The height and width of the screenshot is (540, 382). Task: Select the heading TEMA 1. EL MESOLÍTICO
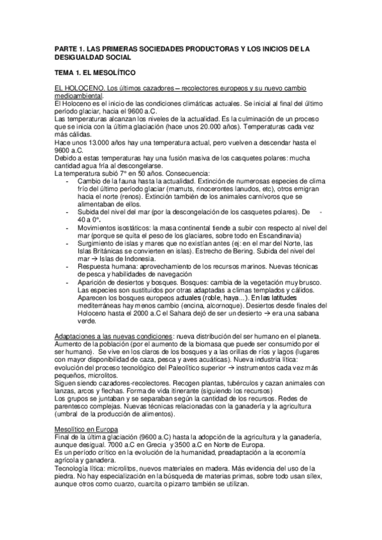point(101,73)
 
